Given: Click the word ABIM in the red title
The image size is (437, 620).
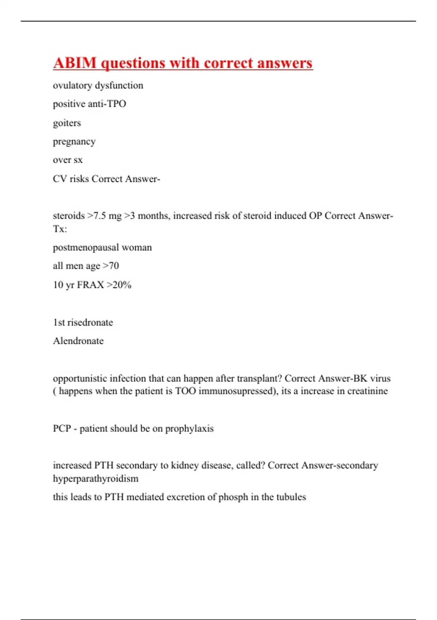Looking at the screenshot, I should tap(75, 63).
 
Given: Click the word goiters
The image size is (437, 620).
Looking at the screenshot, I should tap(67, 123).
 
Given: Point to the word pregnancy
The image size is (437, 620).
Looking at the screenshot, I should tap(74, 142).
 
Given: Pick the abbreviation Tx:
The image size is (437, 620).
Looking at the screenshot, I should tap(60, 229).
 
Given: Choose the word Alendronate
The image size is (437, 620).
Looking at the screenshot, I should tap(78, 341).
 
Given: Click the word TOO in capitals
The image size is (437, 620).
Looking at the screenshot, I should tap(185, 391).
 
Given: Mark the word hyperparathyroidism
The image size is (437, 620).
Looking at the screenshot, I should tap(96, 478).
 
